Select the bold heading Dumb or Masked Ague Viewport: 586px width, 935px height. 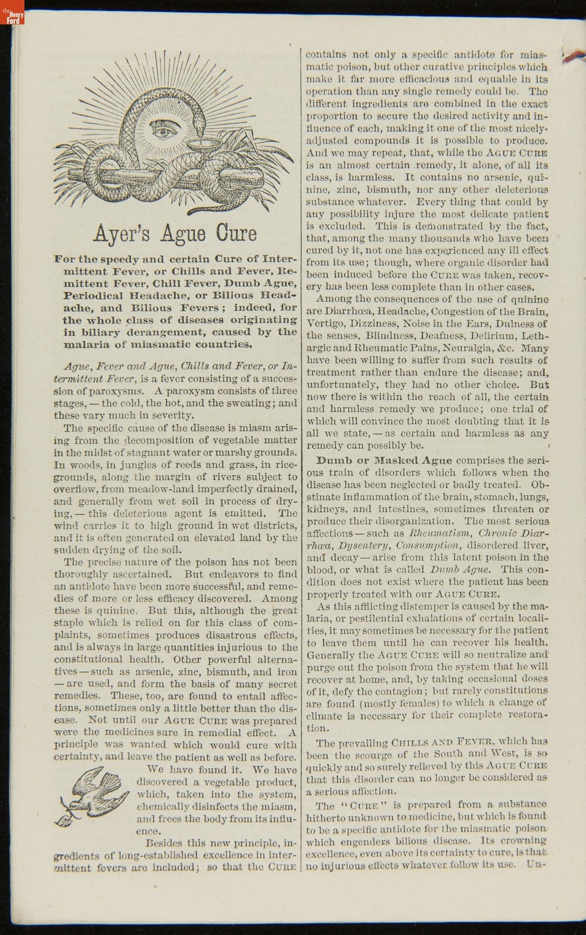point(384,460)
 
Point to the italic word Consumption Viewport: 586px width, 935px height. point(428,545)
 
